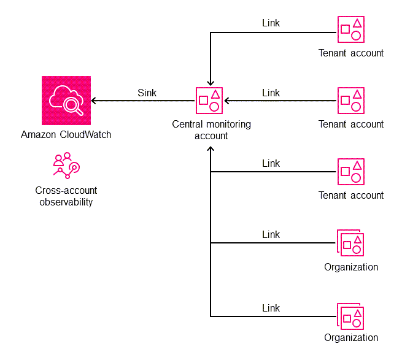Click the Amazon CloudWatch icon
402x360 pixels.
click(x=66, y=101)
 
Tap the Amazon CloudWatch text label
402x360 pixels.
click(x=66, y=134)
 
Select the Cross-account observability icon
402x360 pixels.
click(x=66, y=166)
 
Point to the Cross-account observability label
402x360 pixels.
click(x=66, y=196)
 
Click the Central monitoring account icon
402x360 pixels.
click(x=209, y=101)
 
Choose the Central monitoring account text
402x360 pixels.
click(x=211, y=129)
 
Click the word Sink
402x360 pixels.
click(x=147, y=93)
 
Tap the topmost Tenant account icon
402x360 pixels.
click(x=351, y=29)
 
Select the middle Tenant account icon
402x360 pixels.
click(x=351, y=101)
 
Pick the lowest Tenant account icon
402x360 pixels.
click(x=351, y=172)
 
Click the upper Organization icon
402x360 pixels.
click(x=350, y=243)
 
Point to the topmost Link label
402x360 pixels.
click(x=271, y=23)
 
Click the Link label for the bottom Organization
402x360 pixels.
click(x=271, y=308)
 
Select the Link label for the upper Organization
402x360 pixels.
click(x=271, y=234)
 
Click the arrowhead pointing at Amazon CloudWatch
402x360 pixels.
click(x=95, y=101)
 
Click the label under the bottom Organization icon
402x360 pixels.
click(x=351, y=338)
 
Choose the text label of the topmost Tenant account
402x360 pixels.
click(x=351, y=53)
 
